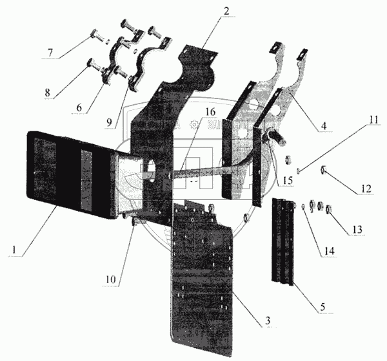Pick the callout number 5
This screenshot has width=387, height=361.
click(323, 308)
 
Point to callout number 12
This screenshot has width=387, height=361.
click(366, 189)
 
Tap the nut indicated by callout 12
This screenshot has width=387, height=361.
click(323, 170)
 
